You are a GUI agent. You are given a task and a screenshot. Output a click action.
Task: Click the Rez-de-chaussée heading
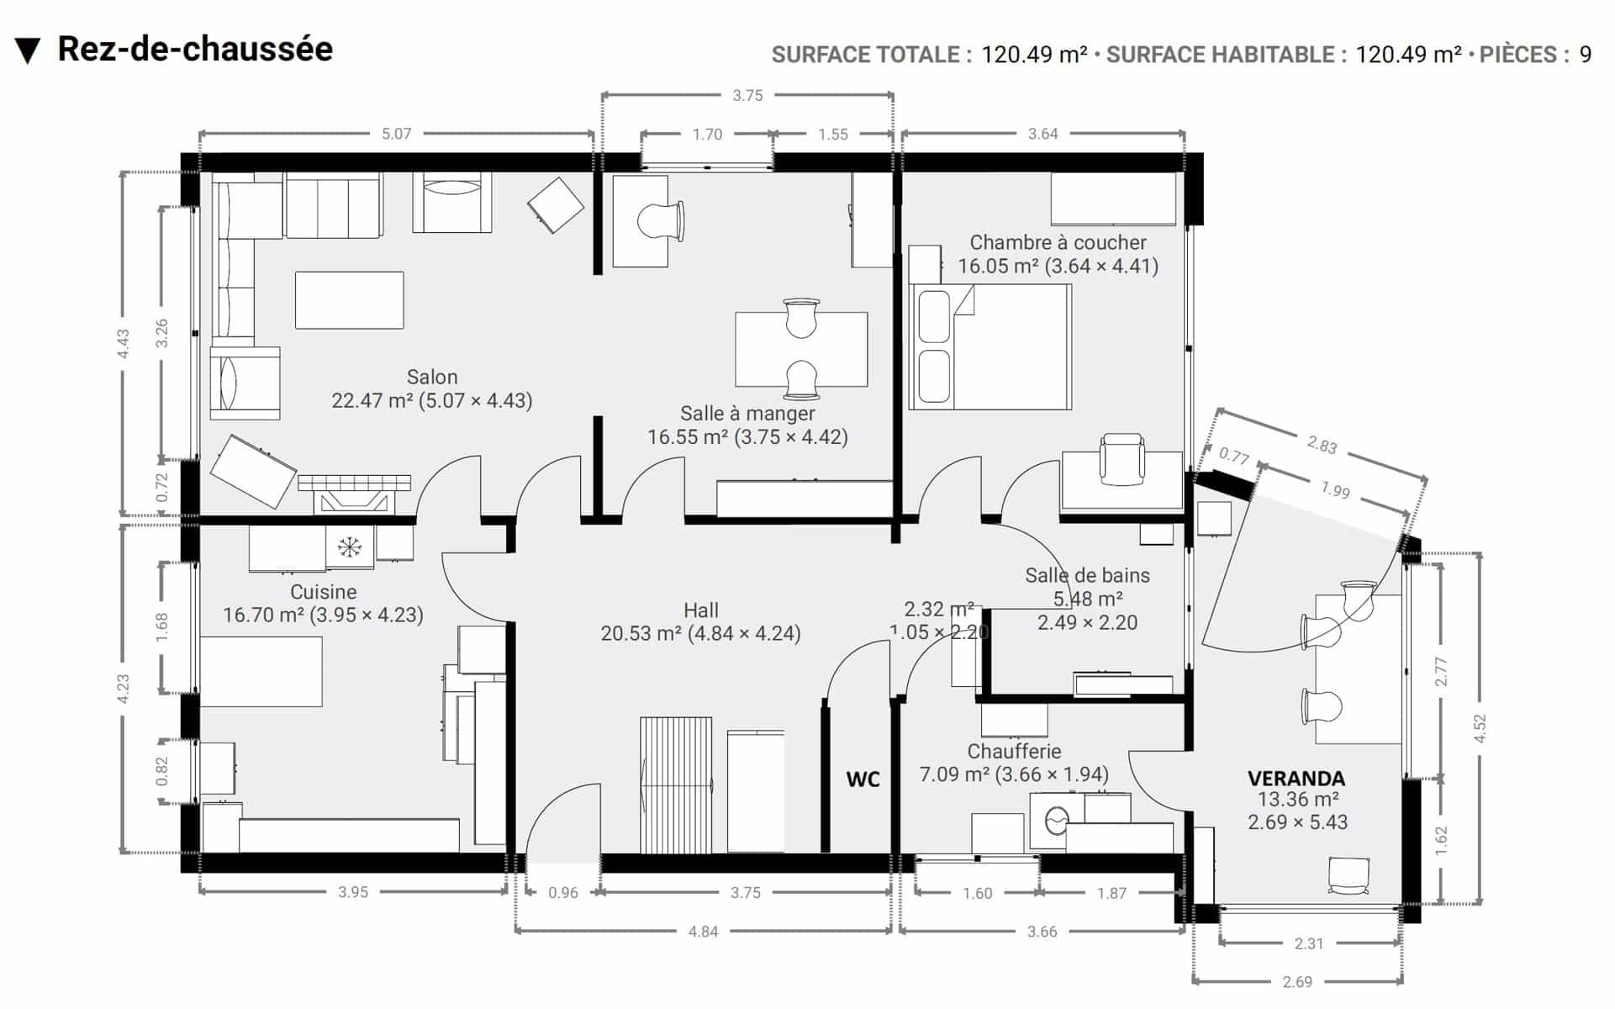click(x=195, y=50)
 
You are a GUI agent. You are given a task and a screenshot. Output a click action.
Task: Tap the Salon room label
click(x=432, y=378)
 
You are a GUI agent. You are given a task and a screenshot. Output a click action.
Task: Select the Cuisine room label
click(x=324, y=592)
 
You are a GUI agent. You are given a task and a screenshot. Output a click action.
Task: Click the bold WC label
click(x=863, y=779)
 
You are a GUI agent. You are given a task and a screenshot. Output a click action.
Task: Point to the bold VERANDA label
click(x=1296, y=779)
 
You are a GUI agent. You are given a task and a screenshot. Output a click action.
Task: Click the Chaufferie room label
click(x=1014, y=751)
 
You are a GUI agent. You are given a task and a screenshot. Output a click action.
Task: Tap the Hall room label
click(x=701, y=610)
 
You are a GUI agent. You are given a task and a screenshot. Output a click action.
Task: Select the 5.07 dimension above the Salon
click(x=396, y=134)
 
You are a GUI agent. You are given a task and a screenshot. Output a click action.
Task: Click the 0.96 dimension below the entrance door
click(x=563, y=893)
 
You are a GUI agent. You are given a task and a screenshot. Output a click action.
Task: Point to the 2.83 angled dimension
click(x=1322, y=445)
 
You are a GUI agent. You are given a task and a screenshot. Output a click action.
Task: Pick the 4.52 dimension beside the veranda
click(x=1480, y=728)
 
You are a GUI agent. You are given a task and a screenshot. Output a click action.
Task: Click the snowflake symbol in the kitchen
click(x=349, y=547)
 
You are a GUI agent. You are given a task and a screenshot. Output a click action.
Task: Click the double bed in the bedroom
click(x=990, y=347)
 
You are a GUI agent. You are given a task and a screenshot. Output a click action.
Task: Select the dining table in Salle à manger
click(x=801, y=350)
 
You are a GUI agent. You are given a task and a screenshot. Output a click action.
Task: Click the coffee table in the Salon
click(x=349, y=300)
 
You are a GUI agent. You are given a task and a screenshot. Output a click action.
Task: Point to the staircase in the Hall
click(x=676, y=785)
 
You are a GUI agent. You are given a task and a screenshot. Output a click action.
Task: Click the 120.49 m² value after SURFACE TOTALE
click(x=1034, y=55)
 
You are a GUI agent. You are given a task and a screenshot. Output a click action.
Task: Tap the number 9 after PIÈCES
click(x=1585, y=55)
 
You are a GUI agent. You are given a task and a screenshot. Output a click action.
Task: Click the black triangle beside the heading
click(x=28, y=51)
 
